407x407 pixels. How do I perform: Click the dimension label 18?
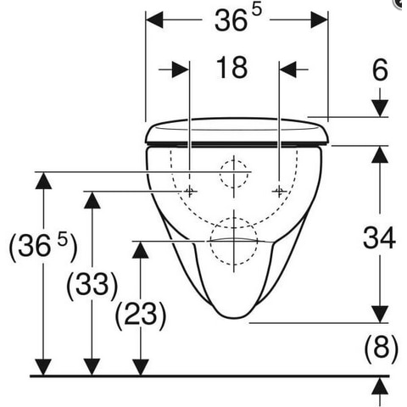click(231, 68)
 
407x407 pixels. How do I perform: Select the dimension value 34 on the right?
click(379, 237)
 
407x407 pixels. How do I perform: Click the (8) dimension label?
click(381, 348)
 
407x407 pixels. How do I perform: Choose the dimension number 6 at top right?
click(380, 70)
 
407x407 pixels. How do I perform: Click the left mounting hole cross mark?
click(189, 192)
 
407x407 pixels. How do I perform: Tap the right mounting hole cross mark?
click(279, 192)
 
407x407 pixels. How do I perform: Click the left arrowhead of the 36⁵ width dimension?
click(154, 20)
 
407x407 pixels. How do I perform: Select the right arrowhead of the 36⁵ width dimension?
click(319, 20)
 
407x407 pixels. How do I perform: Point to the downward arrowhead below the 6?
click(380, 108)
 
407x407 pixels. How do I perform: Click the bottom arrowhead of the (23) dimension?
click(141, 367)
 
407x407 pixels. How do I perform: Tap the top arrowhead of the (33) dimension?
click(92, 200)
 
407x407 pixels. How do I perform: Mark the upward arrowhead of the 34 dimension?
click(380, 154)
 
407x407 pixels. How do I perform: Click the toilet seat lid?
click(237, 133)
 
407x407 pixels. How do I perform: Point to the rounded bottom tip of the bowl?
click(234, 317)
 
